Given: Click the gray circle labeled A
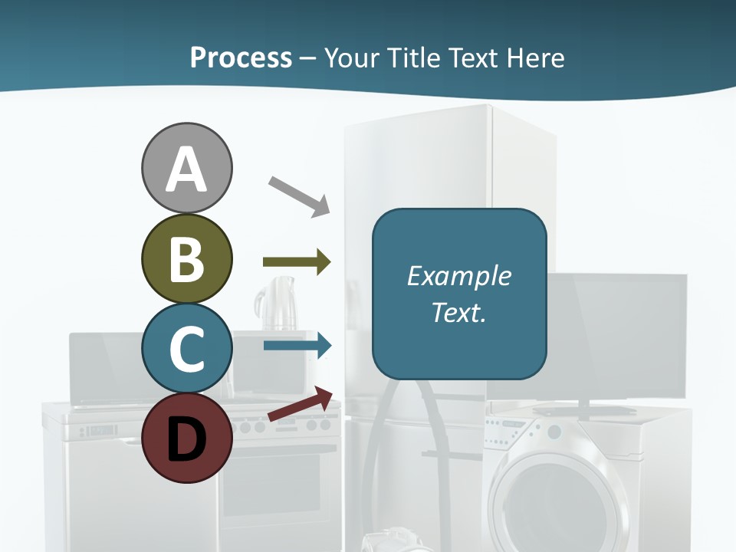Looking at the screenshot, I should tap(186, 168).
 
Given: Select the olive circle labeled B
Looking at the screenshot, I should tap(186, 258).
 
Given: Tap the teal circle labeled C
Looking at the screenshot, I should tap(186, 348).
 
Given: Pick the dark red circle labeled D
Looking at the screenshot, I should tap(186, 438).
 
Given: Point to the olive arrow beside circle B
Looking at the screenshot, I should tap(297, 262).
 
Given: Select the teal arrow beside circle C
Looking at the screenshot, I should tap(297, 346).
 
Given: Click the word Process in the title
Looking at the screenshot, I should tap(241, 58).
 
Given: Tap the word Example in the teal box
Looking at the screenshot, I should tap(458, 276).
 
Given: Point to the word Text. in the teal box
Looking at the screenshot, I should tap(458, 312).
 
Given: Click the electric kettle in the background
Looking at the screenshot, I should tap(274, 304).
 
